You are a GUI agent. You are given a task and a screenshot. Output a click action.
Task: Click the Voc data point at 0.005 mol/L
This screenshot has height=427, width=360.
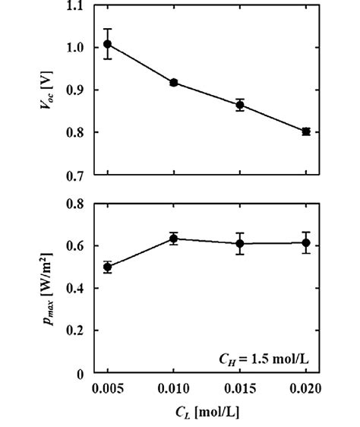[108, 44]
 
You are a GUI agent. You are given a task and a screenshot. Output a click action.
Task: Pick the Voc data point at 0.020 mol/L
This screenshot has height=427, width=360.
[306, 131]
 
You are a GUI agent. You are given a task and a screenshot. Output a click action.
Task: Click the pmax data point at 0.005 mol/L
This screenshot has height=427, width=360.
[108, 267]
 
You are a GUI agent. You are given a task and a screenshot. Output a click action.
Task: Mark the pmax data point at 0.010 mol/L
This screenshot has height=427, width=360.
[174, 239]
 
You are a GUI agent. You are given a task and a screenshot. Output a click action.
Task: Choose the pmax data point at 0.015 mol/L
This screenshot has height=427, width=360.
[240, 243]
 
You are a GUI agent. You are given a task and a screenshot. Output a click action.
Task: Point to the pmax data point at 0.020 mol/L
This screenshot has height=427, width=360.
[306, 242]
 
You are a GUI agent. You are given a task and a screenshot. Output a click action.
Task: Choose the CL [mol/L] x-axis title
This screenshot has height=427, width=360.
[207, 414]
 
